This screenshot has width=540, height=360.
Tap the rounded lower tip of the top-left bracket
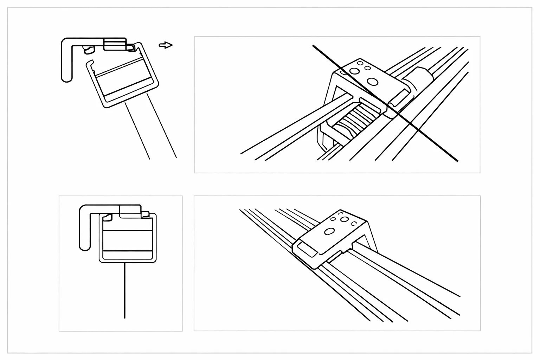coord(66,78)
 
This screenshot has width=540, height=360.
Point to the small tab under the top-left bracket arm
coord(89,50)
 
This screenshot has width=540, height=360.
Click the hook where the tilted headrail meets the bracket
coord(130,47)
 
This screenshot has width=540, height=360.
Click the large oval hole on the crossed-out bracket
coord(372,82)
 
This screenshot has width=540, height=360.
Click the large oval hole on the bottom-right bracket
coord(330,231)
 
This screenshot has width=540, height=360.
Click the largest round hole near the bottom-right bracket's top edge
coord(345,219)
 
